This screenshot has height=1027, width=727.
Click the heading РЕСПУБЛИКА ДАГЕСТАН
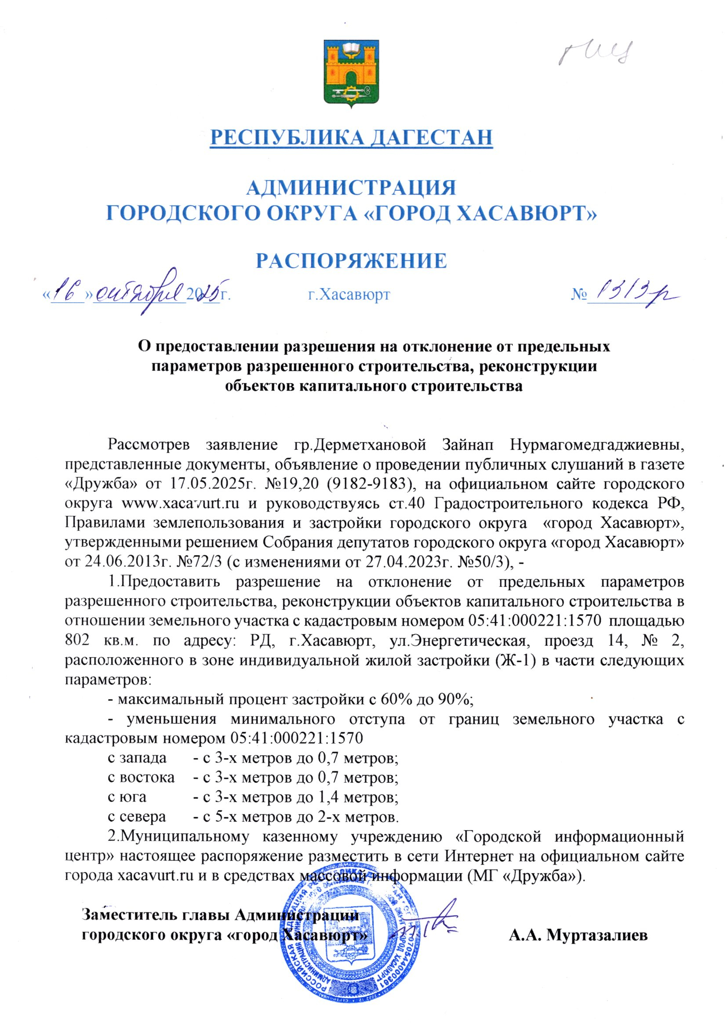(352, 137)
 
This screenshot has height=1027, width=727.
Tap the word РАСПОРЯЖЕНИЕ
(352, 260)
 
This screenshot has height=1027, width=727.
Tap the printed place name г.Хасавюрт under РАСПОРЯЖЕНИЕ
(349, 295)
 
